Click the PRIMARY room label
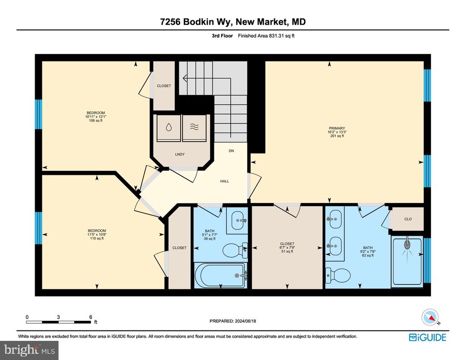click(x=337, y=128)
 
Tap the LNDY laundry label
click(x=180, y=154)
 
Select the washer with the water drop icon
click(x=168, y=128)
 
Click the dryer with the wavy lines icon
click(x=194, y=128)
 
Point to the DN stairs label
click(x=231, y=151)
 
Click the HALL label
click(x=224, y=181)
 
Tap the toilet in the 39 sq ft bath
click(x=235, y=250)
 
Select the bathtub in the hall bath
click(x=221, y=275)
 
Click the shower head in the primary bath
click(x=407, y=245)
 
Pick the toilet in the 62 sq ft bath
click(x=338, y=275)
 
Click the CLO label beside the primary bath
click(x=408, y=219)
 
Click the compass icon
click(x=430, y=318)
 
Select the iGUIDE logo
click(x=427, y=337)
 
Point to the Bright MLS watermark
click(x=29, y=350)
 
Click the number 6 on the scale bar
click(x=91, y=317)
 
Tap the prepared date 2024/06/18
click(x=245, y=321)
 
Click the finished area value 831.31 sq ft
click(x=281, y=35)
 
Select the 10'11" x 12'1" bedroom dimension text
click(x=96, y=117)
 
